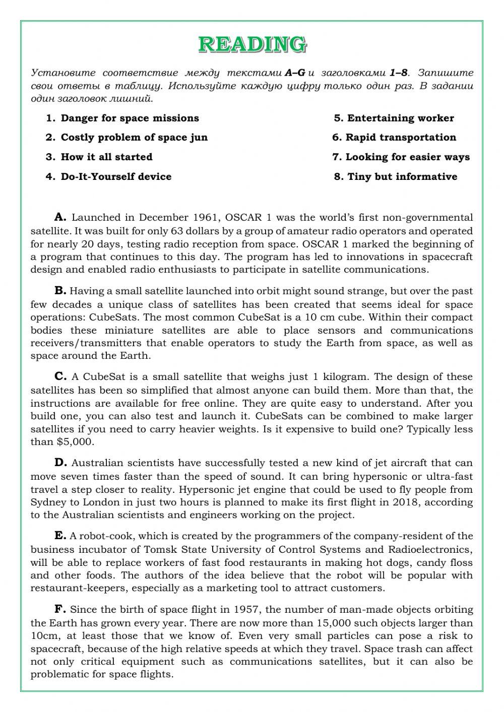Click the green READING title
(x=252, y=44)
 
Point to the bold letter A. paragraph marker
(x=60, y=217)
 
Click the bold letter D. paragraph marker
(x=60, y=463)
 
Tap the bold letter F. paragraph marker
(x=60, y=609)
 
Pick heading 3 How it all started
(x=106, y=157)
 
